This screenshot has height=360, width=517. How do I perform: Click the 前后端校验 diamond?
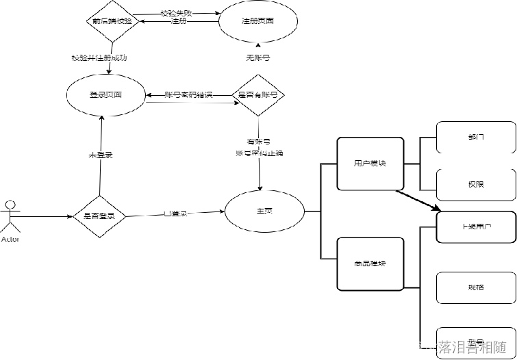(114, 21)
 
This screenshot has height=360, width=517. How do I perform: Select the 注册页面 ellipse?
(258, 21)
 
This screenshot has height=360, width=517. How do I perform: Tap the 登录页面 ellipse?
(106, 95)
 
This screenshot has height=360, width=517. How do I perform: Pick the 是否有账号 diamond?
(258, 95)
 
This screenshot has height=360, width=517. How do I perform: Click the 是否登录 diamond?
(99, 216)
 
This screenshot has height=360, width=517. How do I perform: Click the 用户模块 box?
(370, 164)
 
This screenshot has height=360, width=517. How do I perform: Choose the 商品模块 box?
(370, 263)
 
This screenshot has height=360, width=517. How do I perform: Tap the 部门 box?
(476, 137)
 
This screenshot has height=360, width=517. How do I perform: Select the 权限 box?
(476, 185)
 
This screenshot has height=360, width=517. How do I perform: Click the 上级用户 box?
(476, 227)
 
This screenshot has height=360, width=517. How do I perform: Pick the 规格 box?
(476, 287)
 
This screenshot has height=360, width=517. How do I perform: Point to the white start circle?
(10, 205)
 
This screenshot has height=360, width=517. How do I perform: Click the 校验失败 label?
(177, 14)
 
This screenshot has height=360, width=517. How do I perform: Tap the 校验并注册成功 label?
(99, 58)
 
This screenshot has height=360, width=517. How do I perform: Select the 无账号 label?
(258, 58)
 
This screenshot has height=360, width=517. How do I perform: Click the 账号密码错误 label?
(189, 95)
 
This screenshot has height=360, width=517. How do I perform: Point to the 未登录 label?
(101, 155)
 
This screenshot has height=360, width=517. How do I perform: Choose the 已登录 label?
(175, 214)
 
